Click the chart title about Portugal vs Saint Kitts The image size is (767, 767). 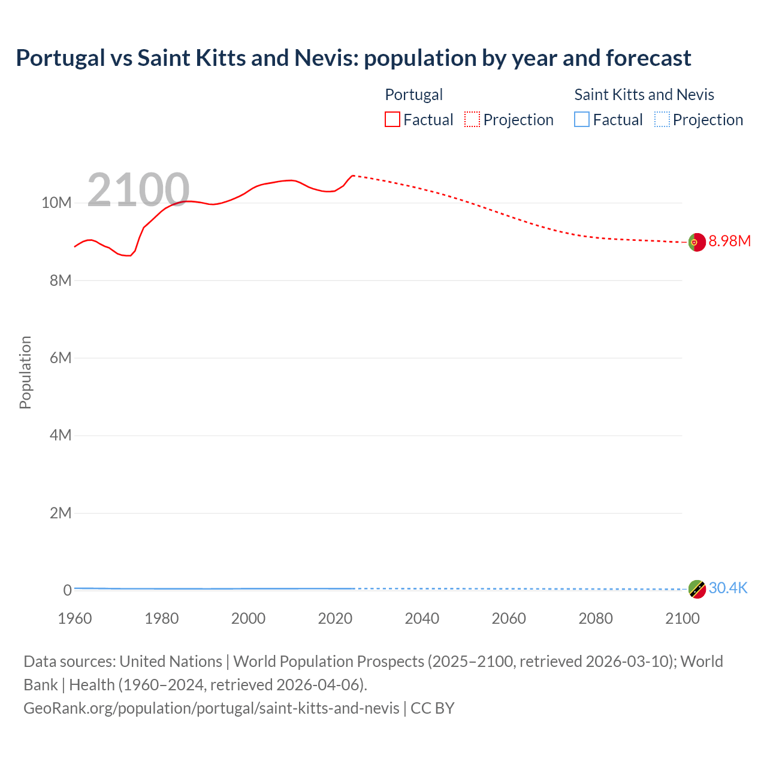(354, 58)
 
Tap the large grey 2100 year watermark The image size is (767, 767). (138, 190)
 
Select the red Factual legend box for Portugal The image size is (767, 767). (392, 120)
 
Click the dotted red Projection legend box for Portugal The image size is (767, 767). (472, 120)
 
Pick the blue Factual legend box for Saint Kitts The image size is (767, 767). (582, 120)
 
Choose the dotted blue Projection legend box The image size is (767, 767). (662, 120)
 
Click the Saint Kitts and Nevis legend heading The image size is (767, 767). (644, 95)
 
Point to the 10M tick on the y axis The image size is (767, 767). (56, 203)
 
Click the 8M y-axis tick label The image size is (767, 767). (61, 280)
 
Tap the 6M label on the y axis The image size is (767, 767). (61, 358)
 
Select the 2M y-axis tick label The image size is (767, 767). (61, 513)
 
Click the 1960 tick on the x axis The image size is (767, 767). (75, 618)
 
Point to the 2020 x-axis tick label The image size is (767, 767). (335, 618)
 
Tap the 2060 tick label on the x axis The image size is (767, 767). (509, 618)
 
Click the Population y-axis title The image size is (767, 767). (25, 372)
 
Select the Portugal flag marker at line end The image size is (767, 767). (696, 242)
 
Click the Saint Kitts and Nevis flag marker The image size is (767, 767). (696, 589)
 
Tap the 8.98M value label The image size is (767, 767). (729, 241)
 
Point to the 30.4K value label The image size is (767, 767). (728, 588)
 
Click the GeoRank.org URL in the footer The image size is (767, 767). (212, 708)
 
